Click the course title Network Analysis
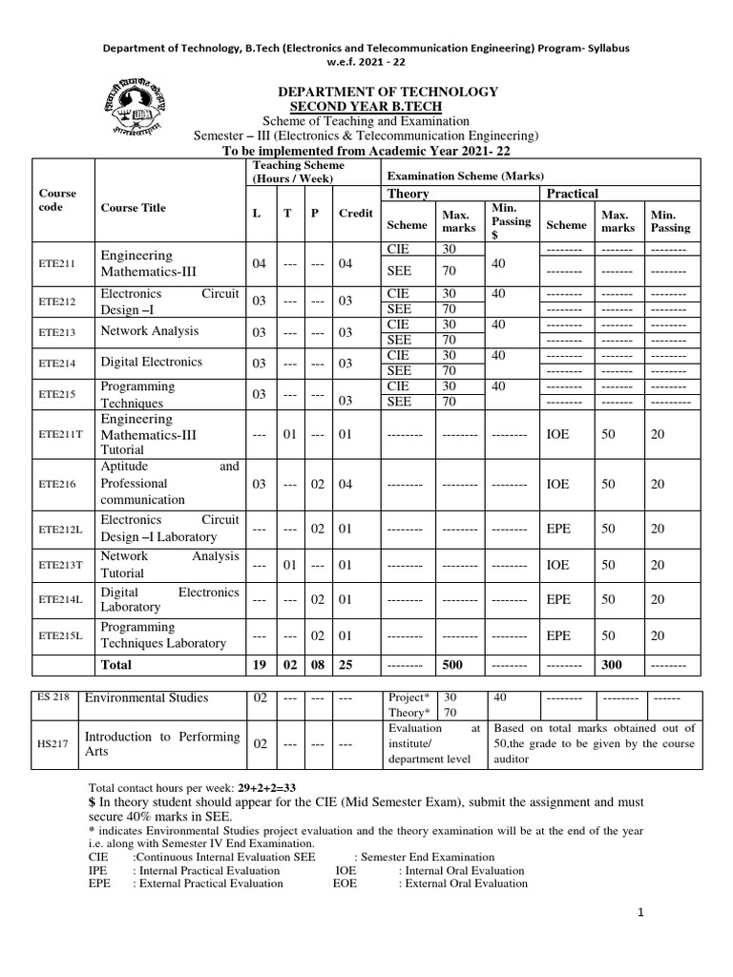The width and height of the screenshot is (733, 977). (x=150, y=331)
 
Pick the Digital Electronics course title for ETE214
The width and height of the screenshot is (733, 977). (x=152, y=363)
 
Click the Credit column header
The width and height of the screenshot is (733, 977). (x=355, y=214)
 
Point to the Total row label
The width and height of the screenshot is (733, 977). (x=116, y=664)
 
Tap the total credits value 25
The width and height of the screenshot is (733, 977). (x=346, y=664)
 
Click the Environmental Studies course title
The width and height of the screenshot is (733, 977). (x=146, y=698)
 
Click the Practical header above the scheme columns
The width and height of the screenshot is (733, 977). (x=572, y=194)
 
